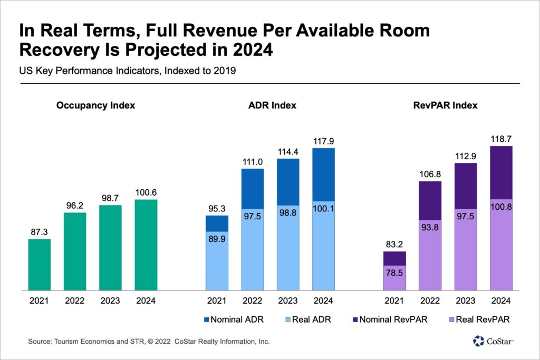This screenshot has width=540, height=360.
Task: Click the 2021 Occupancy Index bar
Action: click(39, 265)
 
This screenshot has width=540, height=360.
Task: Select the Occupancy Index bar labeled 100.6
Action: click(146, 245)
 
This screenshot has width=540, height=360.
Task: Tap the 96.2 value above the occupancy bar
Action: click(74, 203)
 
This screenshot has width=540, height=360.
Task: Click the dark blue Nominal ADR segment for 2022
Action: click(253, 188)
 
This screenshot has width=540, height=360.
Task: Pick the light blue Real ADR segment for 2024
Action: click(323, 246)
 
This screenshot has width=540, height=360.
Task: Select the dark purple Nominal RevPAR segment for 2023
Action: click(466, 185)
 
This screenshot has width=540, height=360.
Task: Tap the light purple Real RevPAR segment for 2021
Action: click(394, 278)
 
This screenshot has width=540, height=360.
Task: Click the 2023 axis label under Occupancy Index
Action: click(110, 301)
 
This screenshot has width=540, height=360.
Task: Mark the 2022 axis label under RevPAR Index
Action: click(430, 301)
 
